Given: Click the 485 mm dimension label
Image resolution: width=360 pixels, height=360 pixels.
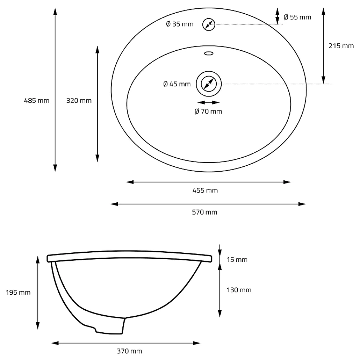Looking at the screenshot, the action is (36, 100).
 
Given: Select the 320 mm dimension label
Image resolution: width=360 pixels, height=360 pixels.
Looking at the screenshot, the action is (79, 100).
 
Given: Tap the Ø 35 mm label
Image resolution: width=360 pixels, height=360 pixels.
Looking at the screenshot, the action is (180, 24).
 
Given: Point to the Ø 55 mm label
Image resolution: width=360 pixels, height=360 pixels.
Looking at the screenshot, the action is (297, 17).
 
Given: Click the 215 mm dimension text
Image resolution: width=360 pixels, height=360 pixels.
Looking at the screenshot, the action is (341, 46).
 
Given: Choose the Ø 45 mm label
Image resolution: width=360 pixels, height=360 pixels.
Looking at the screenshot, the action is (177, 84).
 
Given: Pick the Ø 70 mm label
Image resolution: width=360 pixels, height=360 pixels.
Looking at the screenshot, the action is (208, 111).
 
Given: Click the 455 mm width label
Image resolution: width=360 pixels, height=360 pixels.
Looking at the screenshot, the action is (205, 190).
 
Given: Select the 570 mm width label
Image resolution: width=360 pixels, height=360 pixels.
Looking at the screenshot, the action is (204, 212).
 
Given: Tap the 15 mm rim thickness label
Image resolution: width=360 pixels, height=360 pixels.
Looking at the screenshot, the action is (237, 260).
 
